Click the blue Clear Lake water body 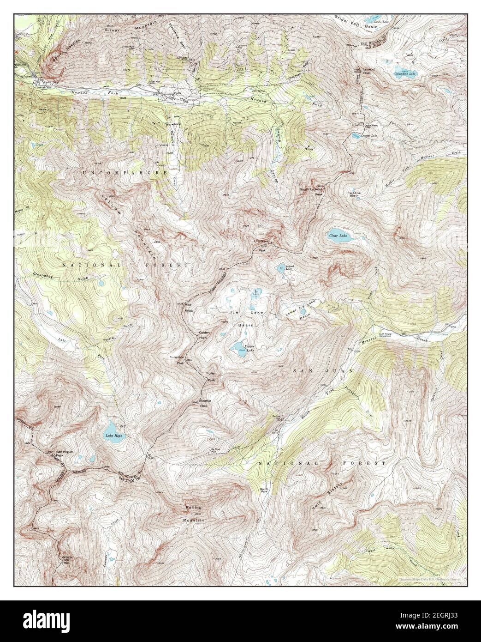pyautogui.click(x=339, y=236)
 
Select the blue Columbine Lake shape pyautogui.click(x=406, y=73)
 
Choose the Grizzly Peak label pyautogui.click(x=67, y=560)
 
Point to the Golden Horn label pyautogui.click(x=204, y=335)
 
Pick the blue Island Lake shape pyautogui.click(x=280, y=267)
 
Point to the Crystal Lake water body pyautogui.click(x=356, y=136)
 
